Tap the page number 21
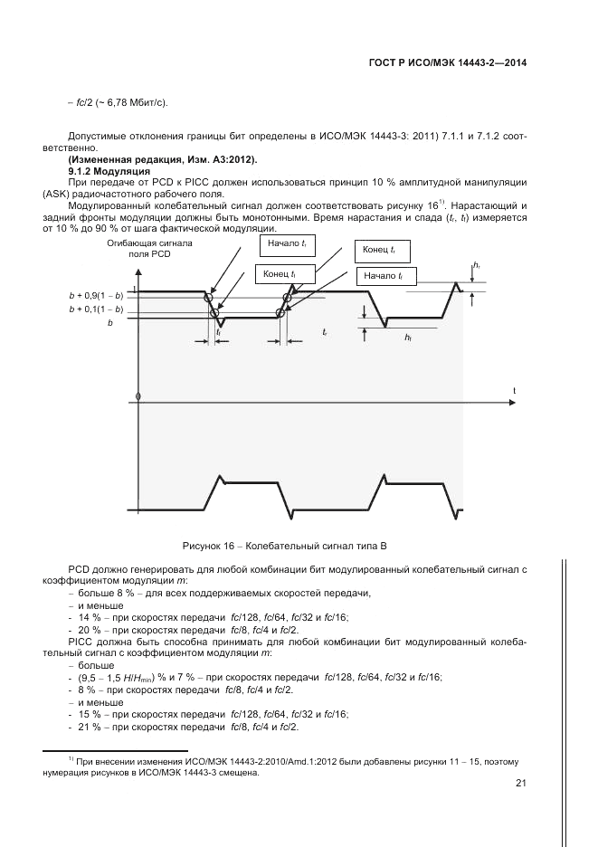coord(520,784)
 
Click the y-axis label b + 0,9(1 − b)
coord(96,296)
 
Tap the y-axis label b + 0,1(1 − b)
coord(96,309)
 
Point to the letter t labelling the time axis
coord(515,390)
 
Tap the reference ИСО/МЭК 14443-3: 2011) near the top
coord(356,136)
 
